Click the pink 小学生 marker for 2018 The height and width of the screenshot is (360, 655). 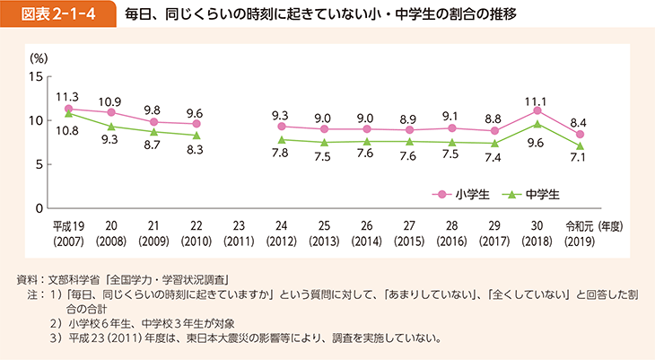click(537, 110)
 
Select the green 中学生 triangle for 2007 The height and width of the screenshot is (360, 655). click(69, 113)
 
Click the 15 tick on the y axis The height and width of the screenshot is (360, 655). click(36, 76)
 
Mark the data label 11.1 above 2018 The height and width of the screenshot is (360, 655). click(537, 96)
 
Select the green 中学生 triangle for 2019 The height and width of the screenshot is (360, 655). click(580, 145)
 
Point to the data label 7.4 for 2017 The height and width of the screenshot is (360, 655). click(494, 158)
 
